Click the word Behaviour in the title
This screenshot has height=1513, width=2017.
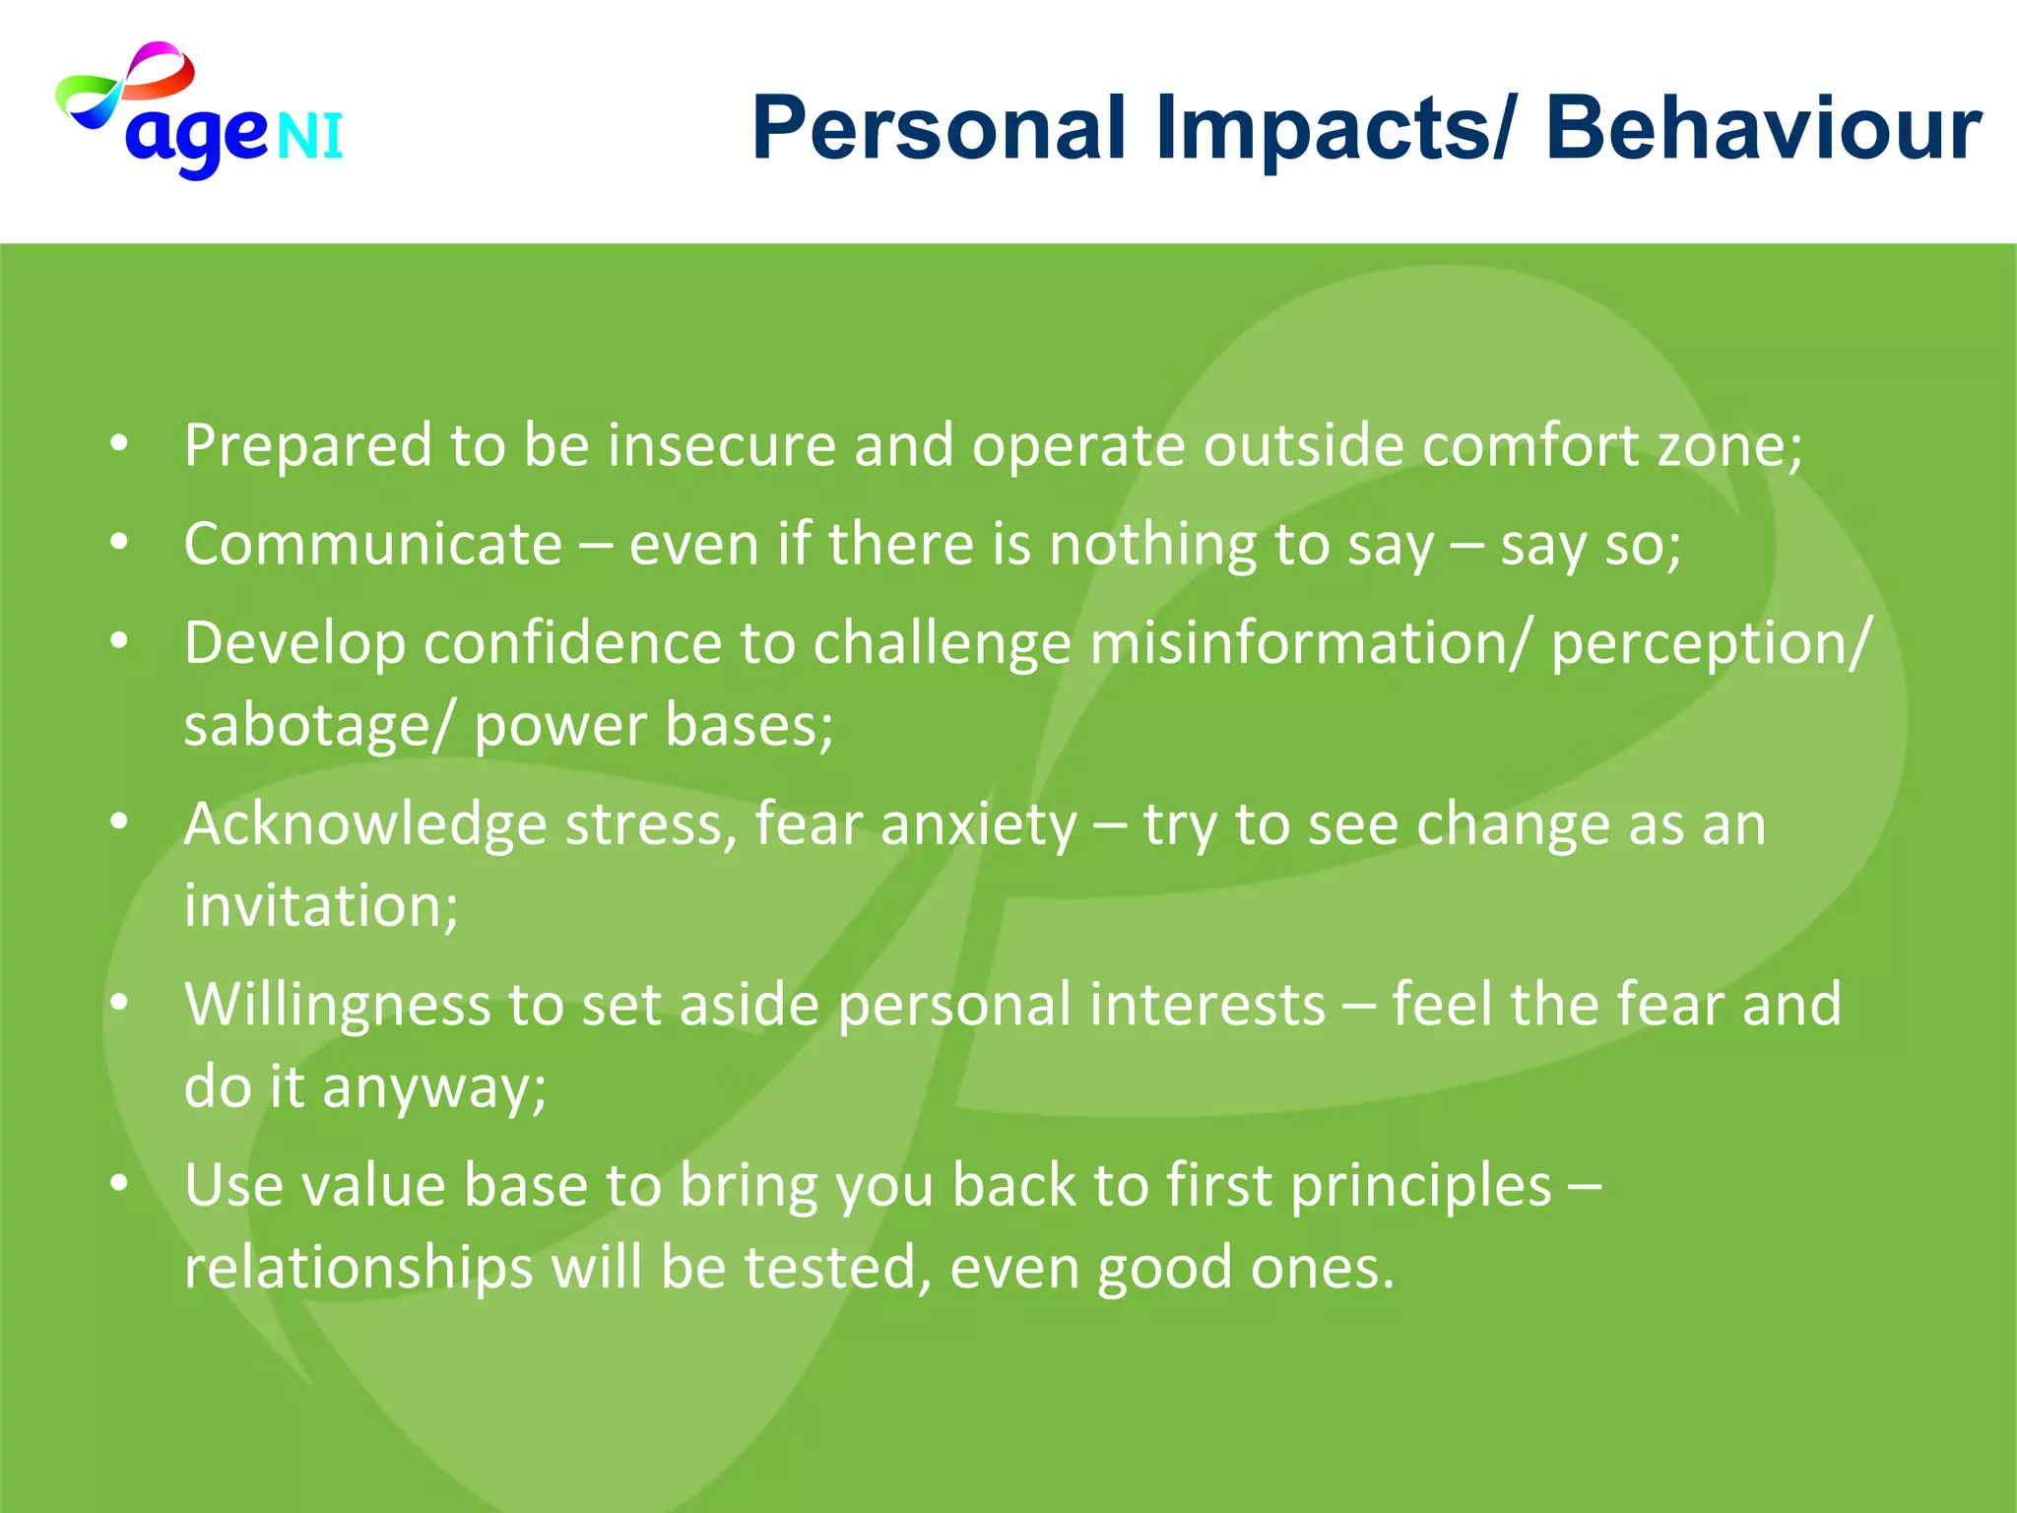click(1763, 129)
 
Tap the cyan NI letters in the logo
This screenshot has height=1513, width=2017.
click(309, 137)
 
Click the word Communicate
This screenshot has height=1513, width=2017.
click(372, 545)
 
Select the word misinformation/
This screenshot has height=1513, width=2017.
click(1311, 644)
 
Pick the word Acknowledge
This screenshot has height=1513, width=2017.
click(364, 824)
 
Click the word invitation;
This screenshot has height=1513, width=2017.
click(321, 906)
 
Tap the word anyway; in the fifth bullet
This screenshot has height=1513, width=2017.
click(433, 1088)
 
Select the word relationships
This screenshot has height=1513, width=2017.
click(358, 1268)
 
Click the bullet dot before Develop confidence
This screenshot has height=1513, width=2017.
click(119, 641)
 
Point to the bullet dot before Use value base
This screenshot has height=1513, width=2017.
click(119, 1183)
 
